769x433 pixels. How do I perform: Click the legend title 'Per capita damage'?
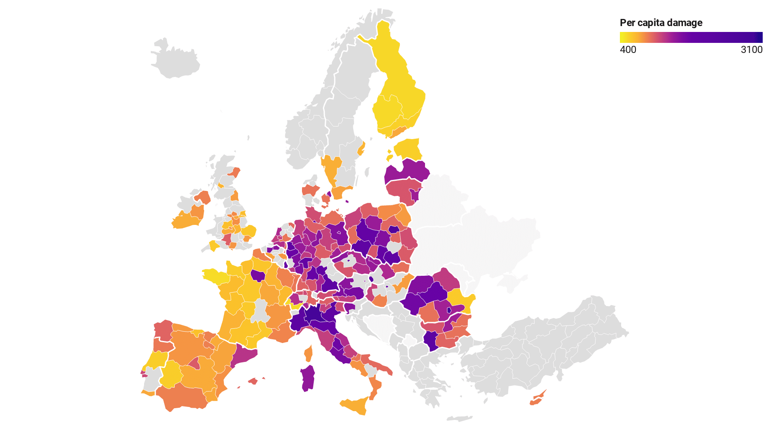[x=661, y=23]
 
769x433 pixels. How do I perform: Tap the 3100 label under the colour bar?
[x=751, y=50]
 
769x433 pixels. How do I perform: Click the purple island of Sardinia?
[x=308, y=378]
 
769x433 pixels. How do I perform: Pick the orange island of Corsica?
[x=309, y=353]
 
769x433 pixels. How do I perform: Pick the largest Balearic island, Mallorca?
[x=252, y=381]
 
